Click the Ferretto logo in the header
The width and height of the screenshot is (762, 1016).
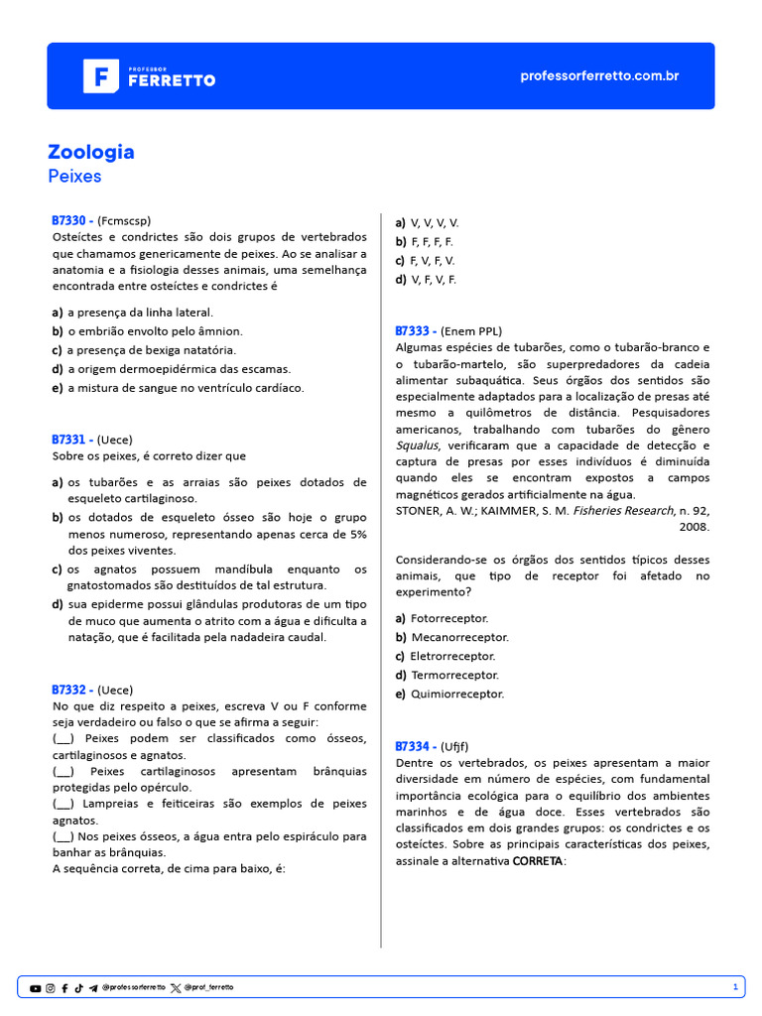coord(149,76)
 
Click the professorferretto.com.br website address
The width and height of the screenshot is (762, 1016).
coord(599,76)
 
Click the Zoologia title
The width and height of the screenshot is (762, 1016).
coord(91,152)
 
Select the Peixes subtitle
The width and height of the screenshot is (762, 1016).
coord(74,177)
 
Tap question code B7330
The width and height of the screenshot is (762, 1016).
coord(72,220)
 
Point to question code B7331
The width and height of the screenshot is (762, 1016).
coord(72,439)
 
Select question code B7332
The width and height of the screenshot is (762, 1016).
coord(72,690)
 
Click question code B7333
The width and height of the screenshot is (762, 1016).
coord(416,330)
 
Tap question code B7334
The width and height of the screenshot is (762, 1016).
coord(416,745)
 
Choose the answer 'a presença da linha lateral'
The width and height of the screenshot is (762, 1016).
coord(140,313)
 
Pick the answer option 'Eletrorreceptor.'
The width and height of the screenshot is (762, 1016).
coord(452,656)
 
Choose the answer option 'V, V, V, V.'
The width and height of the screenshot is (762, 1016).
coord(435,223)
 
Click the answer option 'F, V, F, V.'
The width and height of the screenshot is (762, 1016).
coord(433,261)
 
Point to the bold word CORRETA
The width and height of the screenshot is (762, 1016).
coord(538,860)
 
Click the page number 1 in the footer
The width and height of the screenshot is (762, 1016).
coord(735,987)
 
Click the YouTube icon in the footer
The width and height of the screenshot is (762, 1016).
coord(36,988)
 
